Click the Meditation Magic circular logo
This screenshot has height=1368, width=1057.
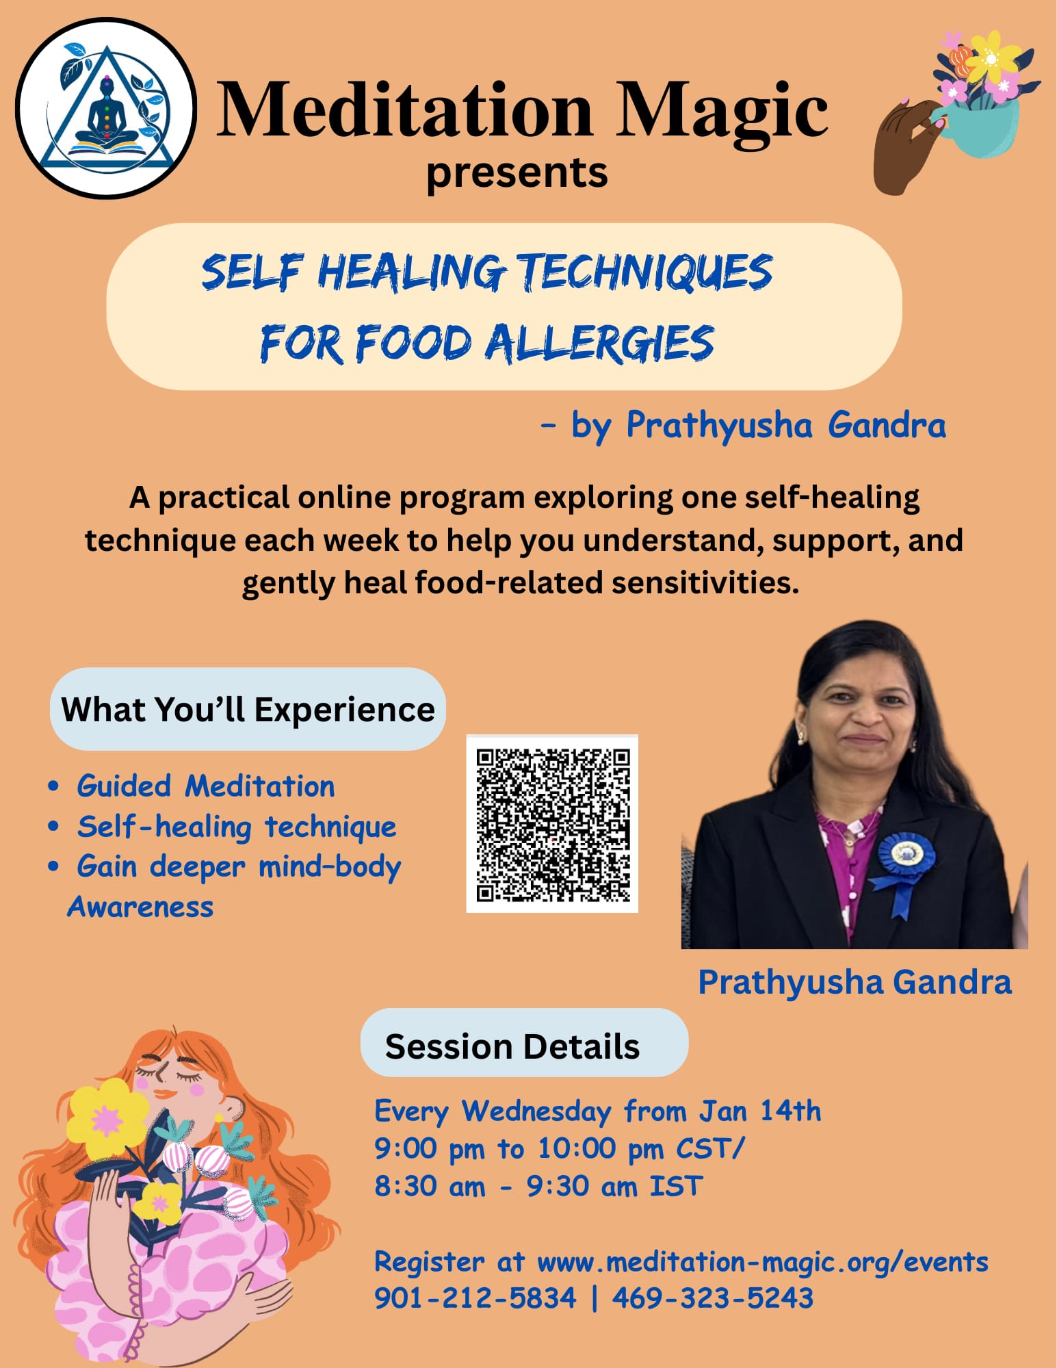(106, 108)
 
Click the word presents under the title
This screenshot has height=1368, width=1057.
(517, 174)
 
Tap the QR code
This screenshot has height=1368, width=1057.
(552, 823)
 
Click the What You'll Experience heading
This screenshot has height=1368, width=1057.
(248, 709)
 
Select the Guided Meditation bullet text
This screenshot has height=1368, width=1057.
(206, 786)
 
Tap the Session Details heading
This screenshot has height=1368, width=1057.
(512, 1046)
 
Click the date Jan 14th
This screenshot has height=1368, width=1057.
(759, 1110)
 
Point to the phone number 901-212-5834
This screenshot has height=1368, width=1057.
(475, 1298)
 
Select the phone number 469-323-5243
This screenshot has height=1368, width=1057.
(713, 1298)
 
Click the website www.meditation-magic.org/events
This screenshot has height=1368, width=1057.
(763, 1262)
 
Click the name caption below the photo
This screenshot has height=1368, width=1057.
(854, 982)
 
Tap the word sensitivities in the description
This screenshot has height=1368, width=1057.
(705, 583)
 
